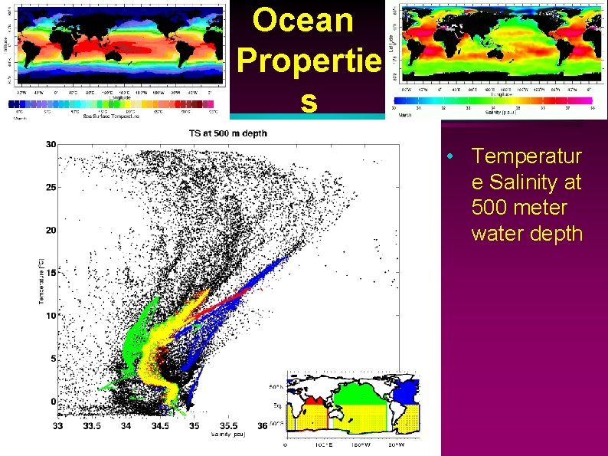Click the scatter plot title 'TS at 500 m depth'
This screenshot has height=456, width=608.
point(228,133)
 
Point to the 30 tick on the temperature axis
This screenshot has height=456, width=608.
point(50,144)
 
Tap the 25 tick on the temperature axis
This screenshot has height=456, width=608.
point(50,187)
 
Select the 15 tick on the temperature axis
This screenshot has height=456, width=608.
point(50,273)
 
